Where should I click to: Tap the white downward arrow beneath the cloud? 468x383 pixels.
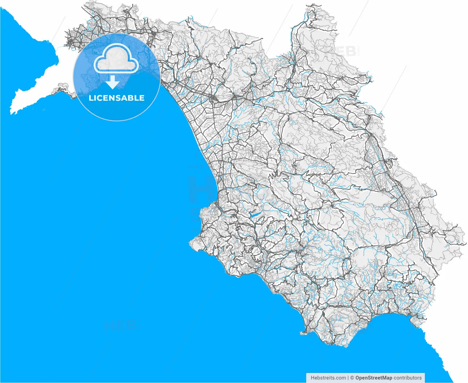click(113, 82)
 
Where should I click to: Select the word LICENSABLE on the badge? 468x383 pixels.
click(117, 98)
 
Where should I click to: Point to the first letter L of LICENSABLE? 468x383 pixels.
click(91, 98)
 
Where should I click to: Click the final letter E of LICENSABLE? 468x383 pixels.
click(142, 98)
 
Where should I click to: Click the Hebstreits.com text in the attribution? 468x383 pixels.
click(328, 378)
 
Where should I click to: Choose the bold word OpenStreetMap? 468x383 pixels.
click(374, 378)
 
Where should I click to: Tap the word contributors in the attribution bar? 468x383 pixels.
click(408, 378)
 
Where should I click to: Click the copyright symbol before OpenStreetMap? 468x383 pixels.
click(352, 378)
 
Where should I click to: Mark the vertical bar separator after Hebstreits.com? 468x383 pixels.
click(348, 378)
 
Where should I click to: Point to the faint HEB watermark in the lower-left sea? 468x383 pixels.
click(120, 325)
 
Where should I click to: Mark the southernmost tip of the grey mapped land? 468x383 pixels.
click(331, 345)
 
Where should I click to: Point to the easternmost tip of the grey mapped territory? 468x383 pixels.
click(465, 243)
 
